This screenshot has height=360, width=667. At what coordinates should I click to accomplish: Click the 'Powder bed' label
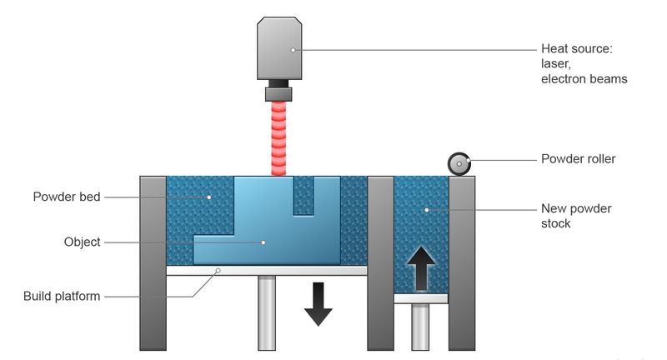coord(67,197)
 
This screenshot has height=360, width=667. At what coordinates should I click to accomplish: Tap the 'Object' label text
coord(82,242)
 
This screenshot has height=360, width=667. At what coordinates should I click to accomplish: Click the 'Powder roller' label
coord(578,158)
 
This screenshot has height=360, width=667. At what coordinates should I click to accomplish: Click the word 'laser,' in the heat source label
coord(556,64)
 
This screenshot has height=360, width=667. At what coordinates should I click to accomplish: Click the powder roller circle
coord(459,164)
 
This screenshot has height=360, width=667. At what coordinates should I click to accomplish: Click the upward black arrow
coord(422,267)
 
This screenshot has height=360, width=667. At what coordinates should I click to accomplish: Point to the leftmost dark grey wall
coord(153,262)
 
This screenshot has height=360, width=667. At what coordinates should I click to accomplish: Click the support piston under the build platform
coord(267,312)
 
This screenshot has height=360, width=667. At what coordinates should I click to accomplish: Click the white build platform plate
coord(267,270)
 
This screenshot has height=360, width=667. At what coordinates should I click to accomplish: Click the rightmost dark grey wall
coord(462,262)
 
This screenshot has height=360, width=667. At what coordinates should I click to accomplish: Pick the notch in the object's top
coord(303,195)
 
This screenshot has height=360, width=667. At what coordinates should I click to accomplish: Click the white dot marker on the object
coord(263,242)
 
